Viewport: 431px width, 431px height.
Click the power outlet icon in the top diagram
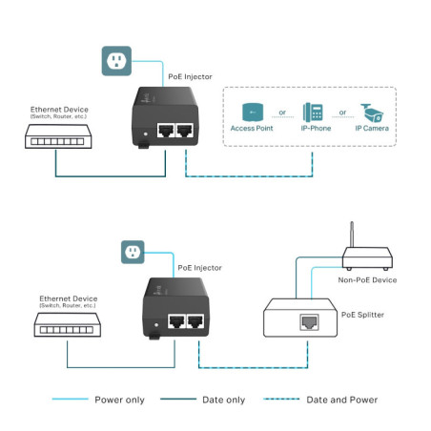tap(114, 62)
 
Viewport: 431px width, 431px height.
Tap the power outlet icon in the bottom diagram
tap(133, 253)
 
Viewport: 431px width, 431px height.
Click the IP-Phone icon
tap(313, 111)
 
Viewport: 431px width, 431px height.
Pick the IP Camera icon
tap(373, 111)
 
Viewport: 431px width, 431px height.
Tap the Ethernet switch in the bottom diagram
tap(69, 330)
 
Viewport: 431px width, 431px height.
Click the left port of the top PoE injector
tap(167, 132)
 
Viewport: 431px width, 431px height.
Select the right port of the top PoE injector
tap(186, 132)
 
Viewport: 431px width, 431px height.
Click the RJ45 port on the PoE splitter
tap(309, 322)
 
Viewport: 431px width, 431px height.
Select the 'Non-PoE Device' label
tap(367, 280)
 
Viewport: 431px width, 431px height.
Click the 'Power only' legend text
tap(119, 400)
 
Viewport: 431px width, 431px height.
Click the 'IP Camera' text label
tap(372, 128)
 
